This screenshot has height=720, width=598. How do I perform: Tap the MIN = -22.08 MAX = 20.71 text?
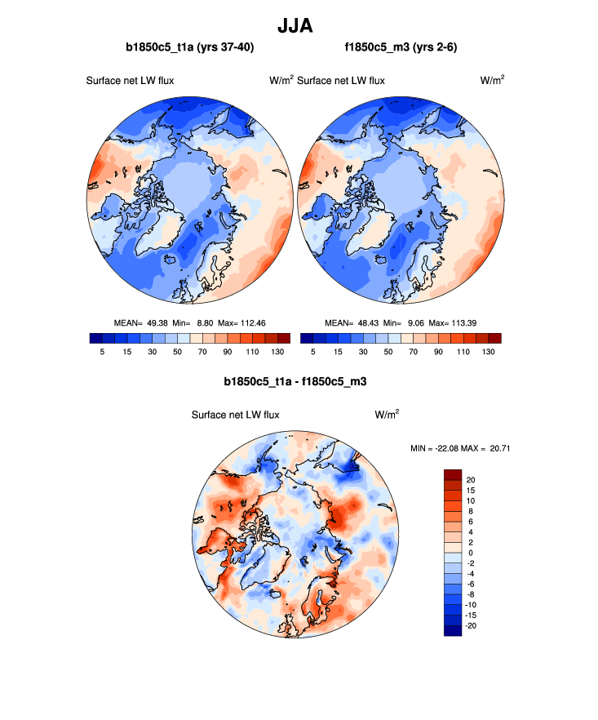[x=463, y=448]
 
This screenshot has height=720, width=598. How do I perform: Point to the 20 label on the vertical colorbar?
[x=471, y=479]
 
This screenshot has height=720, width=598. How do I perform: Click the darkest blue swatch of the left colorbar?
[x=95, y=338]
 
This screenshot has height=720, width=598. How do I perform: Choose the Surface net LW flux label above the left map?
[x=130, y=81]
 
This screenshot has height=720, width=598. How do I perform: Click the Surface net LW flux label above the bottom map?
[x=235, y=415]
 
